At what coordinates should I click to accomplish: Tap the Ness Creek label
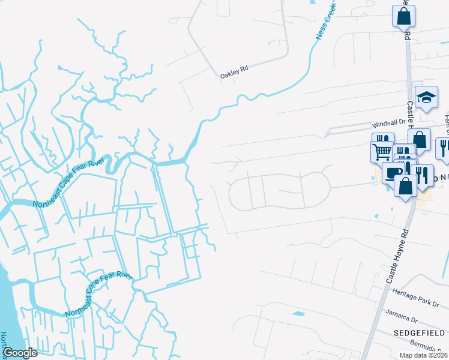click(x=325, y=23)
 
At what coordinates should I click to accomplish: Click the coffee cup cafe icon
click(x=393, y=172)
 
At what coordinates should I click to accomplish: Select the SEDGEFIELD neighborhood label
click(x=419, y=332)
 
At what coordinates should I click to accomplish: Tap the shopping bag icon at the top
click(x=404, y=16)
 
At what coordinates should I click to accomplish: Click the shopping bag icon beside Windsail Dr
click(x=419, y=140)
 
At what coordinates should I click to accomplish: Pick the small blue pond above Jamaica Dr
click(x=298, y=314)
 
